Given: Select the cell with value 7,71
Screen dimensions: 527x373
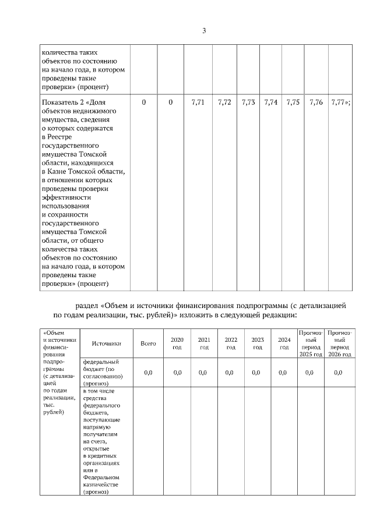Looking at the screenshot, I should [x=198, y=102].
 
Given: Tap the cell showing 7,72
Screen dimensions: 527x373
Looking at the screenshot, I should [x=224, y=102].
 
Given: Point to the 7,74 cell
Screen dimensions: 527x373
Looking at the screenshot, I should [x=270, y=102].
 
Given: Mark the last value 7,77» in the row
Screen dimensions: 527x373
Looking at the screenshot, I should [x=340, y=102].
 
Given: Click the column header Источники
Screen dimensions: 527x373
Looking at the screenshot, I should [x=105, y=344].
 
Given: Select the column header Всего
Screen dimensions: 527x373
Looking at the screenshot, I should [x=148, y=344].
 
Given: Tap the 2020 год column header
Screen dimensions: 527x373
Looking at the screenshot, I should [x=177, y=344].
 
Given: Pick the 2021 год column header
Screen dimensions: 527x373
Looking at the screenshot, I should [x=204, y=344].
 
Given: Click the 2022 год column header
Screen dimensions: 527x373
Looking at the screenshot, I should [x=231, y=344].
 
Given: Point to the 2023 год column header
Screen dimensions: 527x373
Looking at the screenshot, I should [x=258, y=344].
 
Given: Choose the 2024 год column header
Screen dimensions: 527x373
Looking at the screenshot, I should [x=284, y=344].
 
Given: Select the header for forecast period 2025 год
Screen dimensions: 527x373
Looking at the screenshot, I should [x=311, y=343].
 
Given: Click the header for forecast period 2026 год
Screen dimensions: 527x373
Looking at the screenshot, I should [x=340, y=343].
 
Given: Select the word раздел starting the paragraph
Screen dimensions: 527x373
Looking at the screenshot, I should [x=87, y=305].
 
